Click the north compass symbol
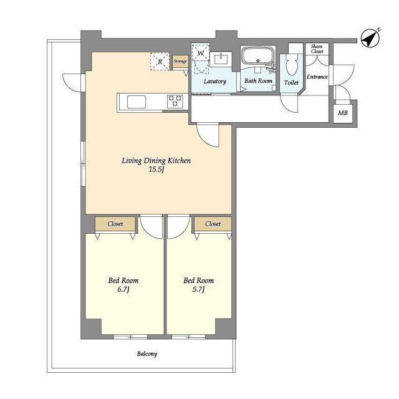coord(370,39)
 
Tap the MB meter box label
coord(343,113)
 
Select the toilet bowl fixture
coord(292,64)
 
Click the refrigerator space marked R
coord(160,61)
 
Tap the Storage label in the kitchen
coord(180,61)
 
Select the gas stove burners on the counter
coord(175,100)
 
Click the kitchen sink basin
coord(137,102)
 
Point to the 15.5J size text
coord(156,170)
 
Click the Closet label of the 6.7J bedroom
coord(115,224)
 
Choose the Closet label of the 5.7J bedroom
coord(213,224)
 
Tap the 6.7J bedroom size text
coord(123,289)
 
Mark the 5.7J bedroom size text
coord(198,289)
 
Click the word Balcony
coord(147,354)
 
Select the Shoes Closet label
coord(317,49)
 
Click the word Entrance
coord(317,77)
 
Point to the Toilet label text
coord(291,82)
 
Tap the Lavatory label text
coord(214,82)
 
